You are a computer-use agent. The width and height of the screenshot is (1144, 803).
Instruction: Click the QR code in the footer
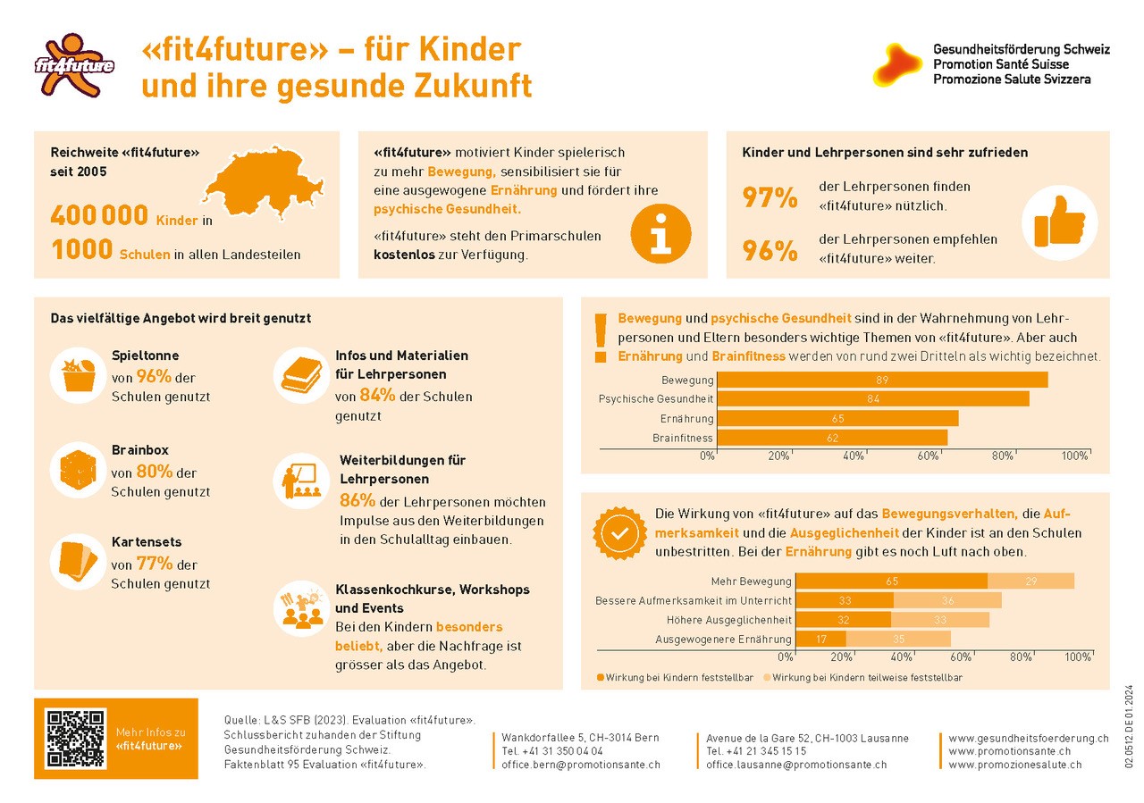[74, 739]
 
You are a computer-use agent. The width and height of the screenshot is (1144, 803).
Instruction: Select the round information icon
[660, 234]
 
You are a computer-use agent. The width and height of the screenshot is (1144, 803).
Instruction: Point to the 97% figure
[770, 197]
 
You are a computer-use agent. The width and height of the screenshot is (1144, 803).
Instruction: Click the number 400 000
[99, 217]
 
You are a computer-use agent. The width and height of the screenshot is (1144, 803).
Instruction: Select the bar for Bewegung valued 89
[881, 380]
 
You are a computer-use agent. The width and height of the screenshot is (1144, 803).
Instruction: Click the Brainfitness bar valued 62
[831, 438]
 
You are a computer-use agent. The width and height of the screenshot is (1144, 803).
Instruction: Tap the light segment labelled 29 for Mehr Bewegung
[1030, 581]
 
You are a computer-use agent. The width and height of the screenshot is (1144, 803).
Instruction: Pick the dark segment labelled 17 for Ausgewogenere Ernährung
[820, 639]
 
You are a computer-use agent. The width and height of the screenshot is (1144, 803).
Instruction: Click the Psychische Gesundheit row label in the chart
[655, 399]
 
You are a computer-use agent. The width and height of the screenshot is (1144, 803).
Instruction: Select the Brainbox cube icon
[78, 470]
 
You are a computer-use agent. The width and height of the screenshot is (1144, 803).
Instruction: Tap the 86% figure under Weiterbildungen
[357, 500]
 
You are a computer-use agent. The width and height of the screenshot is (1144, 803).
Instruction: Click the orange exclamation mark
[600, 337]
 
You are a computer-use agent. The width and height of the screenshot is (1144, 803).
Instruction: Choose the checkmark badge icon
[618, 532]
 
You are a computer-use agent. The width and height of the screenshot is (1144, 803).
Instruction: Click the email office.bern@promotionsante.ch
[581, 765]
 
